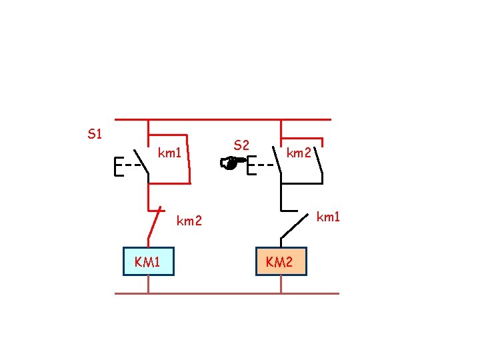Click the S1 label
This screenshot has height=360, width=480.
[95, 134]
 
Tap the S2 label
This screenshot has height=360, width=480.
[241, 145]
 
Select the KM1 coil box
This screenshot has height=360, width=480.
[148, 261]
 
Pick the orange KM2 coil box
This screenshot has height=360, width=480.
[281, 261]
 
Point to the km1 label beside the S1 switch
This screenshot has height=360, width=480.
[170, 153]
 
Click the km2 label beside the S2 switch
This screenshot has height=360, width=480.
[299, 153]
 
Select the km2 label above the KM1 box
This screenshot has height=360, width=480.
[189, 220]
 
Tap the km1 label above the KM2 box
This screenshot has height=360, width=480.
[327, 216]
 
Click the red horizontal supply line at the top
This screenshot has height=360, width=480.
[223, 120]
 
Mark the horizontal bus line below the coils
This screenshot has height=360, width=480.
[227, 293]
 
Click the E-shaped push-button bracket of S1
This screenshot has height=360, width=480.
[119, 167]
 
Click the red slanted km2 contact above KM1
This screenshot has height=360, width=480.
[156, 223]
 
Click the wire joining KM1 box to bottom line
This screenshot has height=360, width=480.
[148, 284]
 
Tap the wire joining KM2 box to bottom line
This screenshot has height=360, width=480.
[281, 284]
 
